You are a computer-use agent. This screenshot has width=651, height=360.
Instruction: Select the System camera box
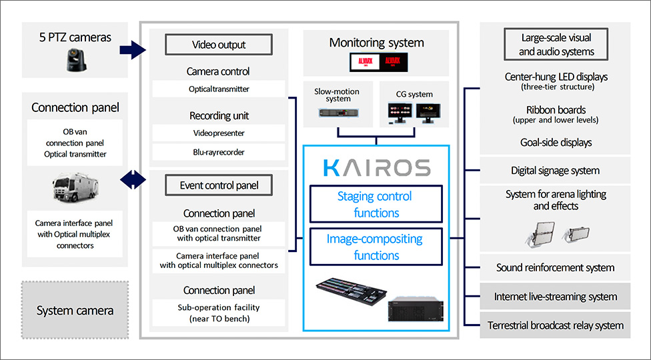coord(75,310)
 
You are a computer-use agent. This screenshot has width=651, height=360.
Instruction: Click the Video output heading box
coord(219,45)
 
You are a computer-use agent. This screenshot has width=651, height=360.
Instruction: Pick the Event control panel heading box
coord(219,185)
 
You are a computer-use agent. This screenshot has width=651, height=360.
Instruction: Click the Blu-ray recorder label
coord(219,152)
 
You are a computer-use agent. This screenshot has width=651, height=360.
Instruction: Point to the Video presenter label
coord(219,133)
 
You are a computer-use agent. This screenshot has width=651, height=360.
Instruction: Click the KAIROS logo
coord(376,167)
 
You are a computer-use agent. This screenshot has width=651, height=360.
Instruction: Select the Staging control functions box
coord(376,205)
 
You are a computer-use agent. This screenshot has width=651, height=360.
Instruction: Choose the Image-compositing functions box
coord(376,247)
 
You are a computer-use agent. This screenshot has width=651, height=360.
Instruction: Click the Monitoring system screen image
coord(376,63)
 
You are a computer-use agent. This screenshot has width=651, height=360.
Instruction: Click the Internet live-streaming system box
coord(555,297)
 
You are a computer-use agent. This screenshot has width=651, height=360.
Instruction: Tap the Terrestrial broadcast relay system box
coord(555,325)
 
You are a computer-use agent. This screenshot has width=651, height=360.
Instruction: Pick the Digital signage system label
coord(555,171)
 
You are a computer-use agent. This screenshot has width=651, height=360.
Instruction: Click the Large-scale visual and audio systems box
coord(556,45)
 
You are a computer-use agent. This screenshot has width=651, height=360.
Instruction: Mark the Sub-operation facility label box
coord(219,313)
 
